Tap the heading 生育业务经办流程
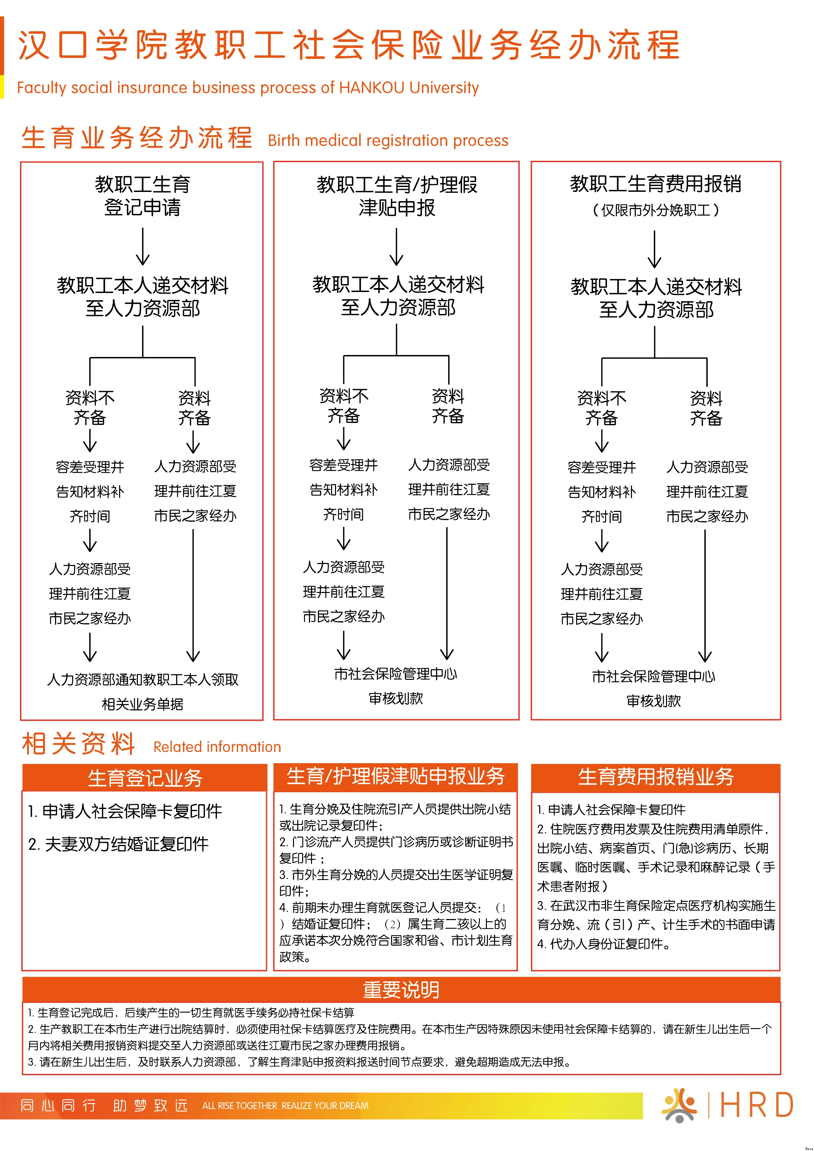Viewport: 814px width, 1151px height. pos(136,137)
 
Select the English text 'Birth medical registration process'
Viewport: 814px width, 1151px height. pos(388,140)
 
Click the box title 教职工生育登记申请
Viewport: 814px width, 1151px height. pos(143,196)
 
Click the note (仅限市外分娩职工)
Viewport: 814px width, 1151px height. pos(656,210)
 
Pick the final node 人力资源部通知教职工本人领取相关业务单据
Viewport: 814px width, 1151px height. pos(143,692)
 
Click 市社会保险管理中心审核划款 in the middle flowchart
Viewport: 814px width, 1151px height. pos(396,686)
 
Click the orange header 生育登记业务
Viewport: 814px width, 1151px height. pos(145,778)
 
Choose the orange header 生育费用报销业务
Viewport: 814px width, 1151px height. pos(656,777)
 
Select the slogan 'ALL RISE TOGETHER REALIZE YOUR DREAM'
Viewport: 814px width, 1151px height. pos(285,1105)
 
